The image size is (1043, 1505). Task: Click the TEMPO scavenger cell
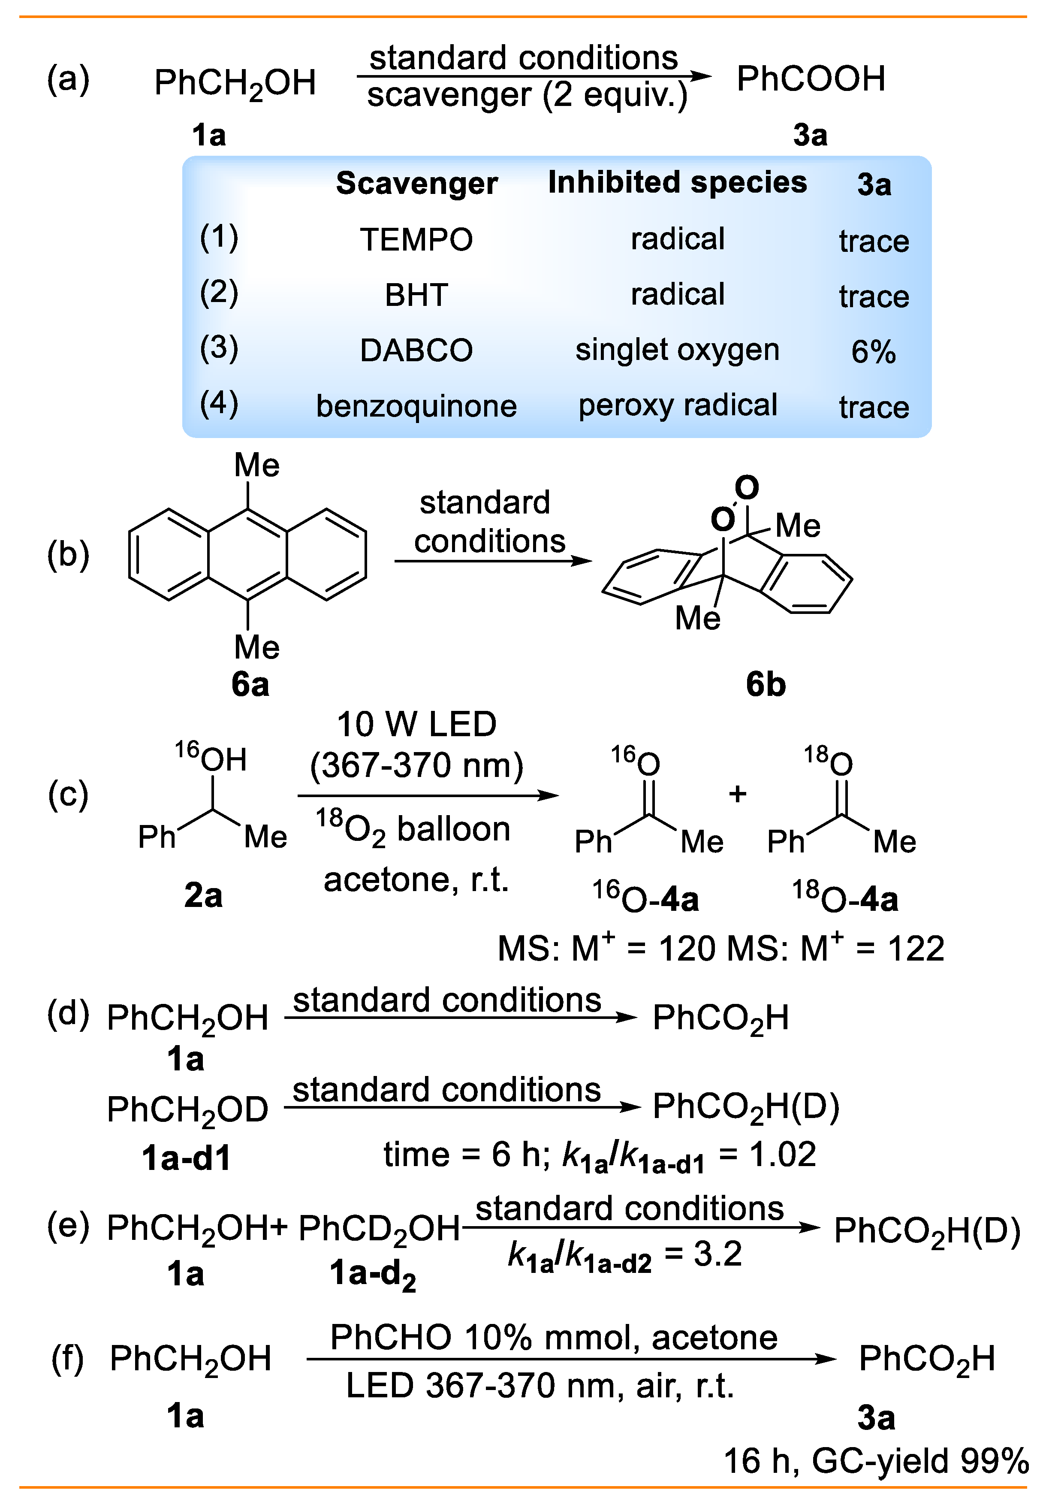click(x=416, y=239)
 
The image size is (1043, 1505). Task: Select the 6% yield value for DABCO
click(x=873, y=352)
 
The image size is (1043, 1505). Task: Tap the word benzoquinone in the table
click(x=416, y=406)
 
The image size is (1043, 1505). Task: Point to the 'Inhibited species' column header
click(x=677, y=182)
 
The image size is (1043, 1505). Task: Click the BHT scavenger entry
click(x=416, y=295)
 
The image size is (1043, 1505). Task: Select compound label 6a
click(x=250, y=685)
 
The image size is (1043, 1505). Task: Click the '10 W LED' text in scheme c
click(x=416, y=724)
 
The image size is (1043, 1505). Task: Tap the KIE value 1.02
click(x=782, y=1154)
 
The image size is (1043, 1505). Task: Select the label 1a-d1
click(x=186, y=1158)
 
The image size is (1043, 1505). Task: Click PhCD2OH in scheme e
click(x=379, y=1229)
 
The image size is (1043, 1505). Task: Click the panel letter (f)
click(x=67, y=1359)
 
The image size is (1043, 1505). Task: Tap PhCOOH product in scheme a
click(x=811, y=79)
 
